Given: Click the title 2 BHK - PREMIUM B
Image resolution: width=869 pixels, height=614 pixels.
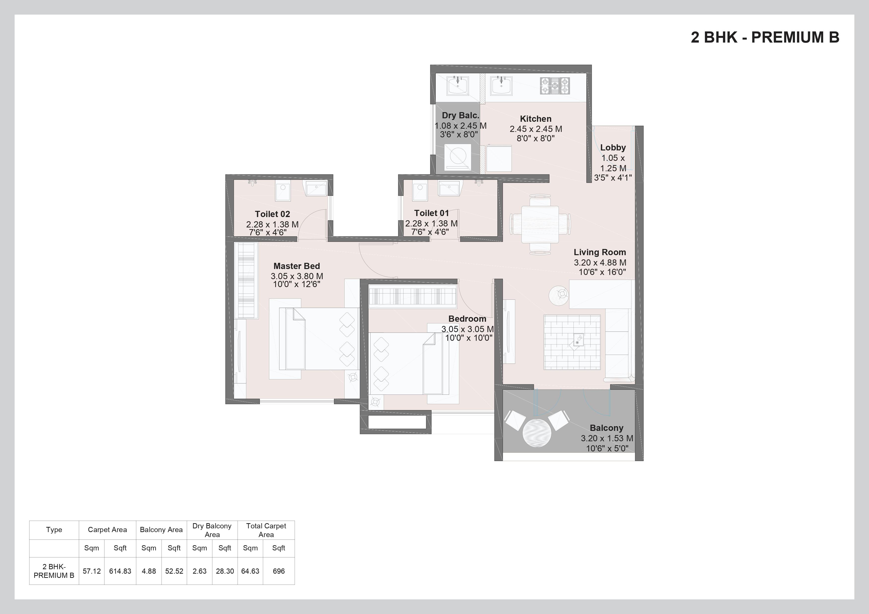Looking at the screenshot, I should [x=765, y=37].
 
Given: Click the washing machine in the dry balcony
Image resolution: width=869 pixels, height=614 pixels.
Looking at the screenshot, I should [x=458, y=157].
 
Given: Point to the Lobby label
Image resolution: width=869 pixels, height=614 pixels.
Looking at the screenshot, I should [x=613, y=147].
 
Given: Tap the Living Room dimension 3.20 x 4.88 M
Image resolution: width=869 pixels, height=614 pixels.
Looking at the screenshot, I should [x=600, y=262].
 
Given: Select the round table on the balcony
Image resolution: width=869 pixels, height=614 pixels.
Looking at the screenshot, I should [x=537, y=433].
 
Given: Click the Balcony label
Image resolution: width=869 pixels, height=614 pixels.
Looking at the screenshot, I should [x=606, y=428].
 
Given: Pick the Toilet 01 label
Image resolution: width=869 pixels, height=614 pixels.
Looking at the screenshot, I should [x=432, y=213].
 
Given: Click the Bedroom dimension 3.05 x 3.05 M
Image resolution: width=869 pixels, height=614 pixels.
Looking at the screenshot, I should [x=467, y=329].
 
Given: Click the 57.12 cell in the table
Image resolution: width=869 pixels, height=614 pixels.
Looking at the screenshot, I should [x=92, y=571].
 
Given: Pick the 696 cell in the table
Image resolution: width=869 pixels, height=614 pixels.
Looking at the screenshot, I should [x=279, y=571].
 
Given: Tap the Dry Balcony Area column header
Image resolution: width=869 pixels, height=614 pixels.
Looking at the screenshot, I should [x=212, y=530].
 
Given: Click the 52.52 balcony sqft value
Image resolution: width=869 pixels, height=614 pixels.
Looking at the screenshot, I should [x=174, y=571].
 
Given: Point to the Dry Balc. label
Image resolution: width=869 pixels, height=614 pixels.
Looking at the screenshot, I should [x=460, y=115].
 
